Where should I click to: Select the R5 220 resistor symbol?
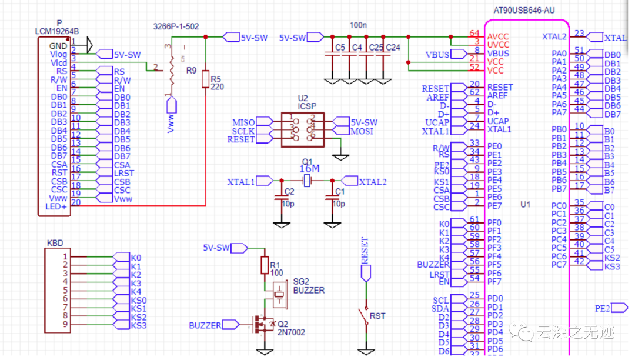(x=205, y=79)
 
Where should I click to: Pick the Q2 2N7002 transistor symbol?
(x=262, y=325)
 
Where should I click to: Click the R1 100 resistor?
(x=265, y=265)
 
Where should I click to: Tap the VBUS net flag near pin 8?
(x=438, y=54)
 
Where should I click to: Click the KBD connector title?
(x=55, y=242)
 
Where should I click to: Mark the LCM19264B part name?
(x=57, y=31)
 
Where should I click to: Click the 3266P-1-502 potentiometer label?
(x=176, y=26)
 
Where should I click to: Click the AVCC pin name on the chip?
(x=498, y=36)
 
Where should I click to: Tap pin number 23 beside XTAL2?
(x=579, y=34)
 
